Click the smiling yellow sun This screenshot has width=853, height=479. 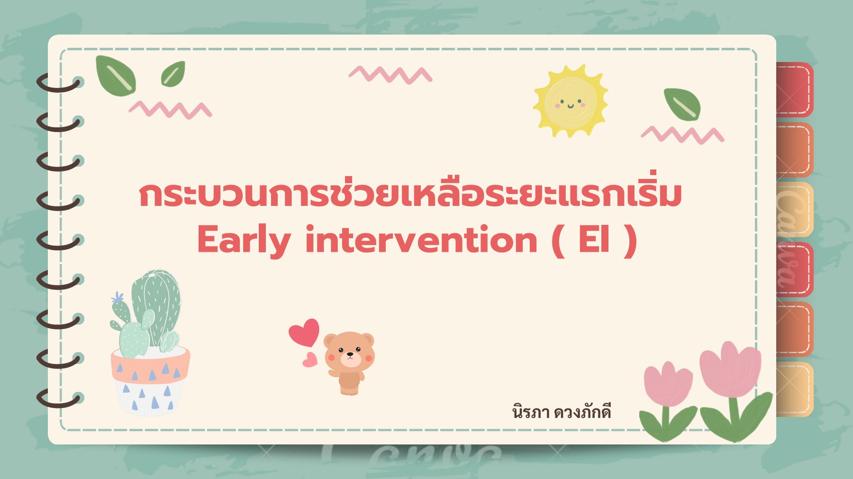(x=570, y=101)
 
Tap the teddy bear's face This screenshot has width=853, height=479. (x=349, y=353)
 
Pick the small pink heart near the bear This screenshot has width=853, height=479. (x=310, y=360)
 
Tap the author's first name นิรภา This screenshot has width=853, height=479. (x=531, y=412)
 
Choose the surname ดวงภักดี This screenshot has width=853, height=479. (x=582, y=412)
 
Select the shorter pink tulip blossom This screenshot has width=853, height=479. (x=668, y=384)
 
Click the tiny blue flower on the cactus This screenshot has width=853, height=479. (x=117, y=298)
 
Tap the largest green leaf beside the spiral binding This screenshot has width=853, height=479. (x=116, y=76)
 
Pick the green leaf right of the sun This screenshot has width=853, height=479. (x=682, y=104)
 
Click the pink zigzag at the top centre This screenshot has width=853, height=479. (x=390, y=75)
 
